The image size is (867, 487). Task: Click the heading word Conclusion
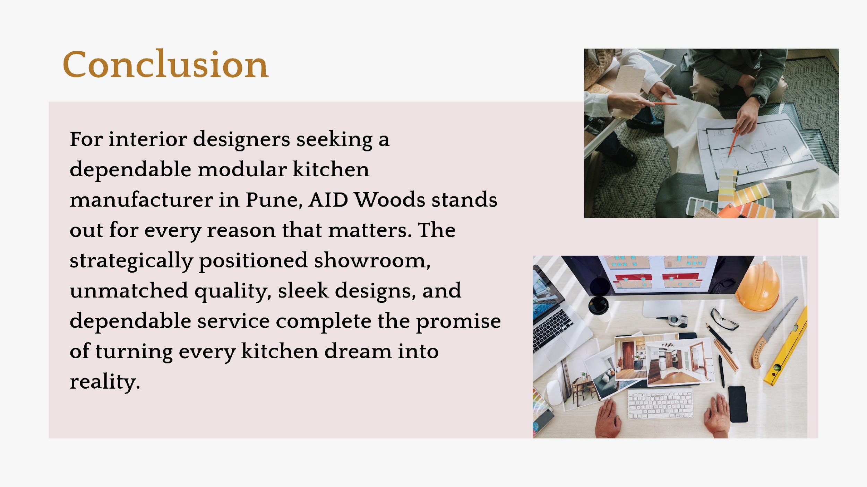point(165,64)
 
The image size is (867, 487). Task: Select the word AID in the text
point(328,200)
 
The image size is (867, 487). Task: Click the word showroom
point(372,260)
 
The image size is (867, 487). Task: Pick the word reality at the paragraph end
point(105,382)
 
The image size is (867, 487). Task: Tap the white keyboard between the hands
point(661,404)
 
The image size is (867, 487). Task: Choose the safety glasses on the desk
point(724,319)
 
